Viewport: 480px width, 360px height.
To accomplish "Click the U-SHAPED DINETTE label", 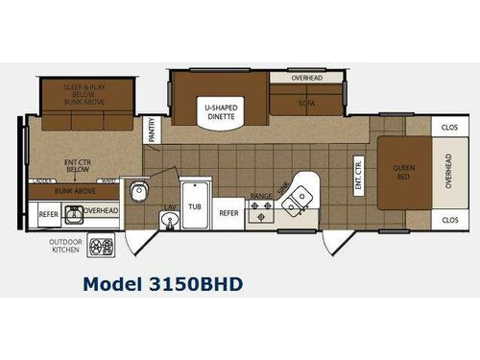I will pyautogui.click(x=220, y=109).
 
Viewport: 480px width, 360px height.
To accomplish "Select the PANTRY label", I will pyautogui.click(x=152, y=130).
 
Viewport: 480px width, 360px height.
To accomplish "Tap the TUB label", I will pyautogui.click(x=195, y=206).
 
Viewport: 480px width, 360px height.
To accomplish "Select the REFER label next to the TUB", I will pyautogui.click(x=228, y=212).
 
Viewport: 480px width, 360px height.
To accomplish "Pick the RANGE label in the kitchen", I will pyautogui.click(x=261, y=196).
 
